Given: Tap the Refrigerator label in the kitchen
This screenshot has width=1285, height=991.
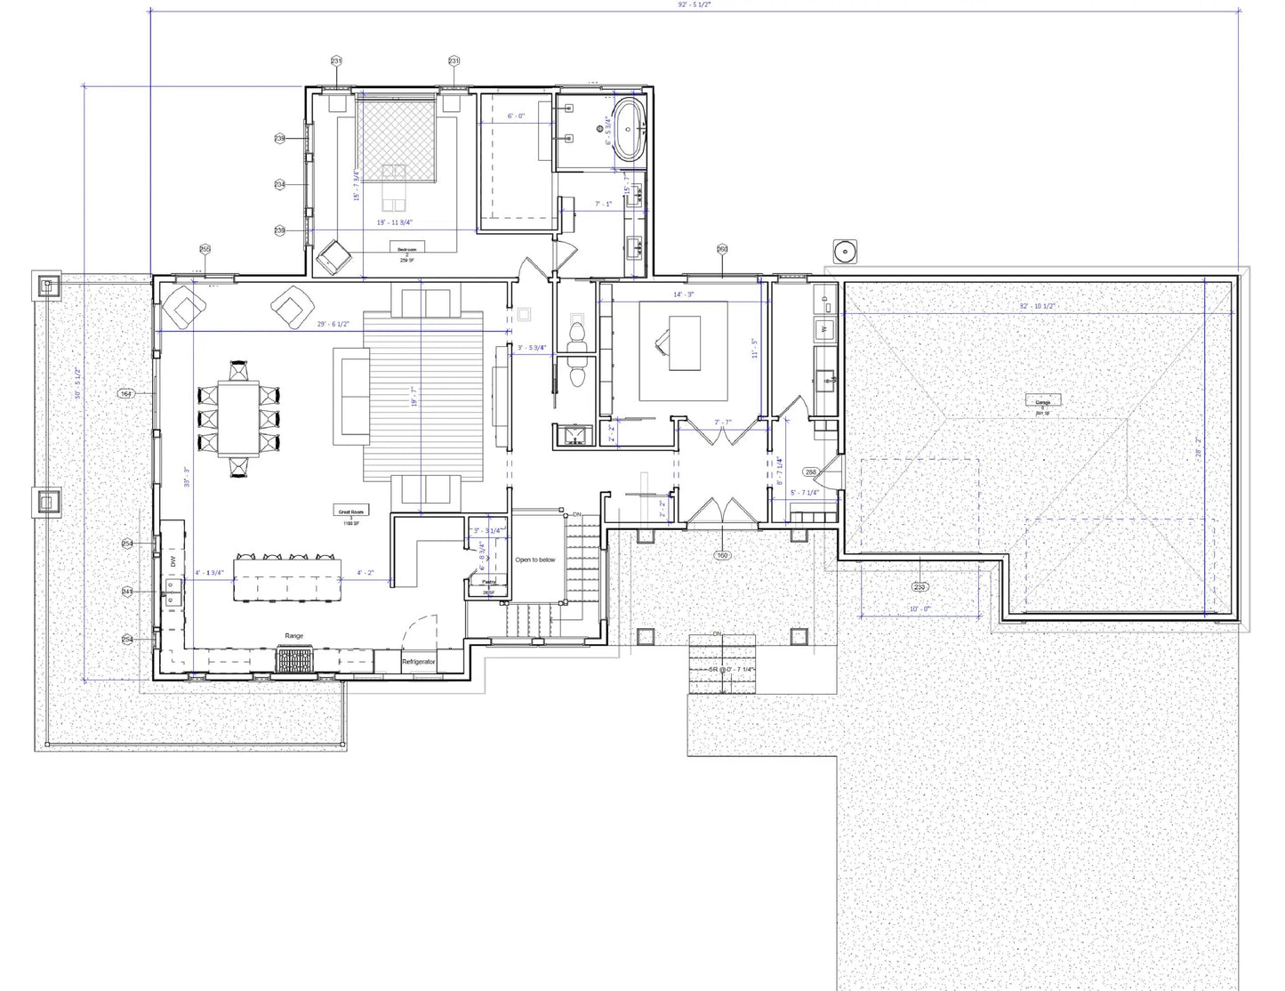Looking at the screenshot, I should point(418,662).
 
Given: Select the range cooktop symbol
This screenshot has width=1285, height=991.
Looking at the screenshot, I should point(294,660).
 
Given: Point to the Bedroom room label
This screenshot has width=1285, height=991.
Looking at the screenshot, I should point(406,250).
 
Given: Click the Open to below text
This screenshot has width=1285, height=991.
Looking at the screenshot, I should point(535,560).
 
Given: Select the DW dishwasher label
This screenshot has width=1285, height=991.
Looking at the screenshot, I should point(173,562).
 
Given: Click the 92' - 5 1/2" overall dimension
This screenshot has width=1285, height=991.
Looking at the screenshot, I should point(694,4).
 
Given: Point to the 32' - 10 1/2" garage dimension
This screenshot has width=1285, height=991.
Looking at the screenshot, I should point(1037,306).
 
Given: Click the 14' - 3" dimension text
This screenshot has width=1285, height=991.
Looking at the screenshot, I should point(683,294).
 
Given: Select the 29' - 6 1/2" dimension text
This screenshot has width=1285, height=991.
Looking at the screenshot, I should point(333,325).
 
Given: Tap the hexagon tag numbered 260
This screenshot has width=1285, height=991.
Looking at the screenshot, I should point(722,249).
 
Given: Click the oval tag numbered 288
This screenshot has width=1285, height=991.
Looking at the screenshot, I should point(810,472).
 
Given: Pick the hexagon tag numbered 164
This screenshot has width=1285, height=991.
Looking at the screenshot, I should point(125,393).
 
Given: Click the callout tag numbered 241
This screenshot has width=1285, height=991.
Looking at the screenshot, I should point(127,592).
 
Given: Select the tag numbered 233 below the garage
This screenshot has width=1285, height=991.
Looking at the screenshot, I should point(920,587).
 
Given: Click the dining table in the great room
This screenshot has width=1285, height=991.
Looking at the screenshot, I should point(238,418).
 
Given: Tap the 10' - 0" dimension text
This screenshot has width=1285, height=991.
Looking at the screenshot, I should point(920,609).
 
